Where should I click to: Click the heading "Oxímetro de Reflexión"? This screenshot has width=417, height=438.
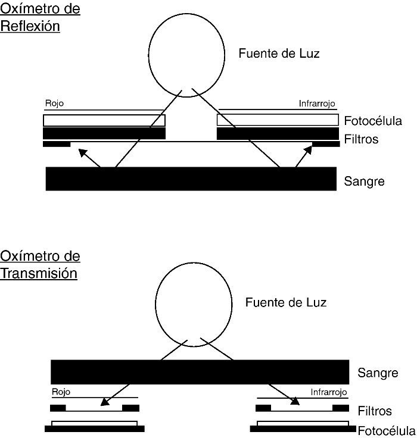pos(39,18)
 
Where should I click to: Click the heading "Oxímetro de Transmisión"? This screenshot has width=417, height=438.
pos(39,265)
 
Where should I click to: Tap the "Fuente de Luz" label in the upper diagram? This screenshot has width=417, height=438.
pos(279,54)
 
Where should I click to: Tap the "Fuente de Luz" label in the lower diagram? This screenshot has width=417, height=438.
pos(285,302)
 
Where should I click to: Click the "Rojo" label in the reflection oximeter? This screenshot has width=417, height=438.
pos(54,104)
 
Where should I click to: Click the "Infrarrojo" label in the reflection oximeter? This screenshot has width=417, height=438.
pos(318,104)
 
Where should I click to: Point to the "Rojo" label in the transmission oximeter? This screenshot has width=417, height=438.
pos(61,392)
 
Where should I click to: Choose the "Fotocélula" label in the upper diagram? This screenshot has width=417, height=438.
pos(373,121)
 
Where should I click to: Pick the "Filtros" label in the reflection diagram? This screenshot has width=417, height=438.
pos(361,140)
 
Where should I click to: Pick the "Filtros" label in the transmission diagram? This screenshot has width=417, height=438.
pos(375,411)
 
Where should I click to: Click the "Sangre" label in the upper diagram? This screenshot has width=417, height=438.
pos(364,182)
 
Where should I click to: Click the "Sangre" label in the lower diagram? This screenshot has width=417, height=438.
pos(377,374)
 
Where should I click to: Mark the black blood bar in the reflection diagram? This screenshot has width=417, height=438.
pos(191,179)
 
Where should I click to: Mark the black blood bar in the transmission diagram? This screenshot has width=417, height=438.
pos(200,371)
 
